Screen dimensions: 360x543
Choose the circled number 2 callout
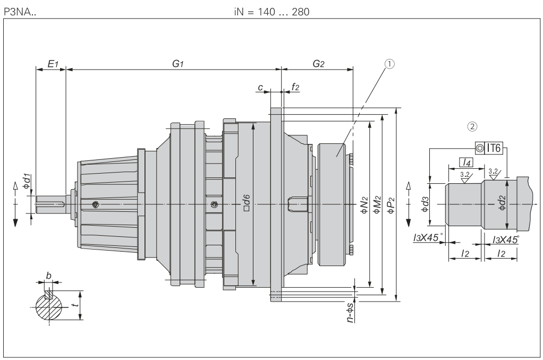471,126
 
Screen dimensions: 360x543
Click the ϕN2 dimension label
364,204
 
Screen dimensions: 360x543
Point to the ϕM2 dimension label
377,204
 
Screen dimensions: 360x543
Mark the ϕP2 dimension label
392,204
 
